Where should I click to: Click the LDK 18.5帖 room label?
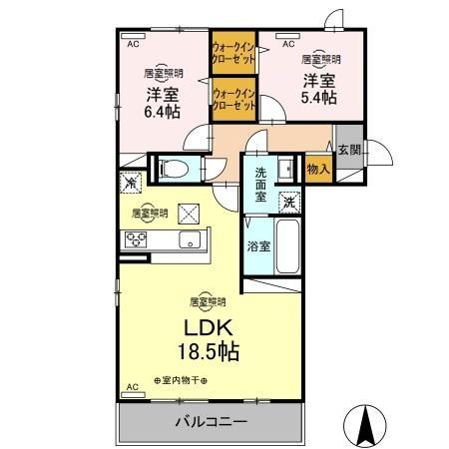click(209, 339)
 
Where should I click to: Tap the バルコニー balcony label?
click(213, 422)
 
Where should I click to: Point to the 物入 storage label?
click(318, 171)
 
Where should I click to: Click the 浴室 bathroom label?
click(257, 245)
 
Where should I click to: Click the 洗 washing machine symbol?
click(287, 203)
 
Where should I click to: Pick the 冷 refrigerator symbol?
click(130, 183)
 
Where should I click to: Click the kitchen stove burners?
click(135, 239)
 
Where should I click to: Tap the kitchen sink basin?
click(187, 240)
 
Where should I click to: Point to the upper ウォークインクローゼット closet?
click(232, 51)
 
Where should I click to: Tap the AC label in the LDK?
click(131, 386)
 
